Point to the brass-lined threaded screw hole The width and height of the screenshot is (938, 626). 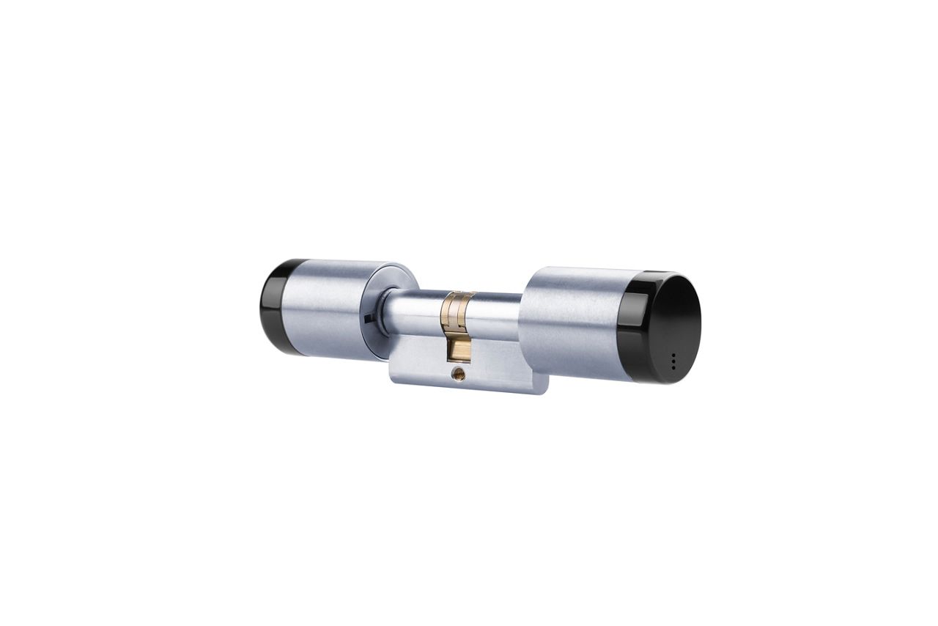coord(459,375)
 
